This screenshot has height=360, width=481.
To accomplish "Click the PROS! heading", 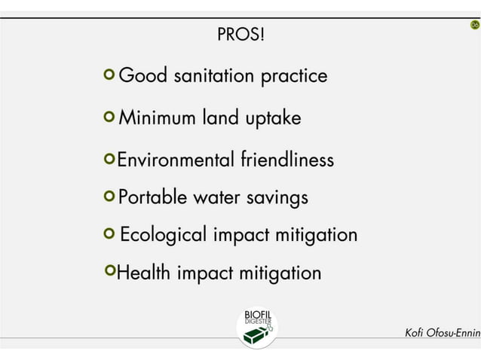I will [x=240, y=35].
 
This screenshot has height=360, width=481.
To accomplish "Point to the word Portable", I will [x=153, y=197].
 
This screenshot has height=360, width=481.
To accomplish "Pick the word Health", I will [x=144, y=273].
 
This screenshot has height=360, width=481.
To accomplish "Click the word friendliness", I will [x=287, y=160].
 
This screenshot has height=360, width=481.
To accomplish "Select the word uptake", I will [x=273, y=119].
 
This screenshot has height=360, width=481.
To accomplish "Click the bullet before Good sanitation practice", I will [x=110, y=75].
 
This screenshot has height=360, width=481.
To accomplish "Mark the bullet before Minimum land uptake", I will [x=110, y=117].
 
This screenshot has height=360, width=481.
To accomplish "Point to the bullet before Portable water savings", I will [x=110, y=197].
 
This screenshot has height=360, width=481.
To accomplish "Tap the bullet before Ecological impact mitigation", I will [x=110, y=233].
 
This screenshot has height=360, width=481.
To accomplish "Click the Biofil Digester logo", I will [x=257, y=326].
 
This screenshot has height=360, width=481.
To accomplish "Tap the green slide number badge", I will [x=474, y=26].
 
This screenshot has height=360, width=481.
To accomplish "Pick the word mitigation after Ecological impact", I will [x=316, y=234].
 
